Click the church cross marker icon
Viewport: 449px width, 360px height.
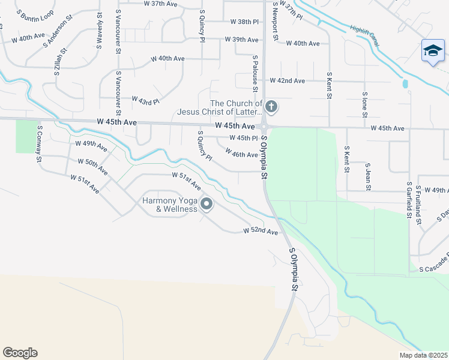point(271,108)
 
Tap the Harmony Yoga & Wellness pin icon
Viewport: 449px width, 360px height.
point(206,205)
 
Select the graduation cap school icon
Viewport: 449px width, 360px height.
point(432,51)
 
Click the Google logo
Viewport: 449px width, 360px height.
point(20,353)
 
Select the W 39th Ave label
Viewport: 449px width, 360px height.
point(241,40)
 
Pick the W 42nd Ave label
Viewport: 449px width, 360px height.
point(287,80)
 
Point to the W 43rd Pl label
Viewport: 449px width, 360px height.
point(145,100)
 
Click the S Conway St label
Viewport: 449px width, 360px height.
point(40,143)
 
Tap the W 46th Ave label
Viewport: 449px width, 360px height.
point(241,155)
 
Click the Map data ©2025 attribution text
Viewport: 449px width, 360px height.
point(423,355)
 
